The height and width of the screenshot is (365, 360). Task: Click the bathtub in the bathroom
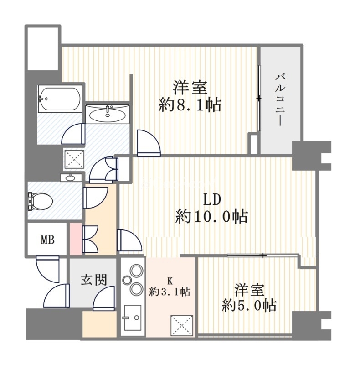coord(59,98)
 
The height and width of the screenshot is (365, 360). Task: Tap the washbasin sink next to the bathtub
coord(108,114)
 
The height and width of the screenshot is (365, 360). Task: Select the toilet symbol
coord(40,201)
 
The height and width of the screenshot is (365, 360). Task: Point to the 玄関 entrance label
coord(94,279)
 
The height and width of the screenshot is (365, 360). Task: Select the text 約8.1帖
coord(190,105)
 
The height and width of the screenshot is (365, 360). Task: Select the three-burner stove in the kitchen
coord(134,279)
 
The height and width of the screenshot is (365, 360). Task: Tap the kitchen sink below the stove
coord(133,318)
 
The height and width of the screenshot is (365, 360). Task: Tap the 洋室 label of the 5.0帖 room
coord(249,289)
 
